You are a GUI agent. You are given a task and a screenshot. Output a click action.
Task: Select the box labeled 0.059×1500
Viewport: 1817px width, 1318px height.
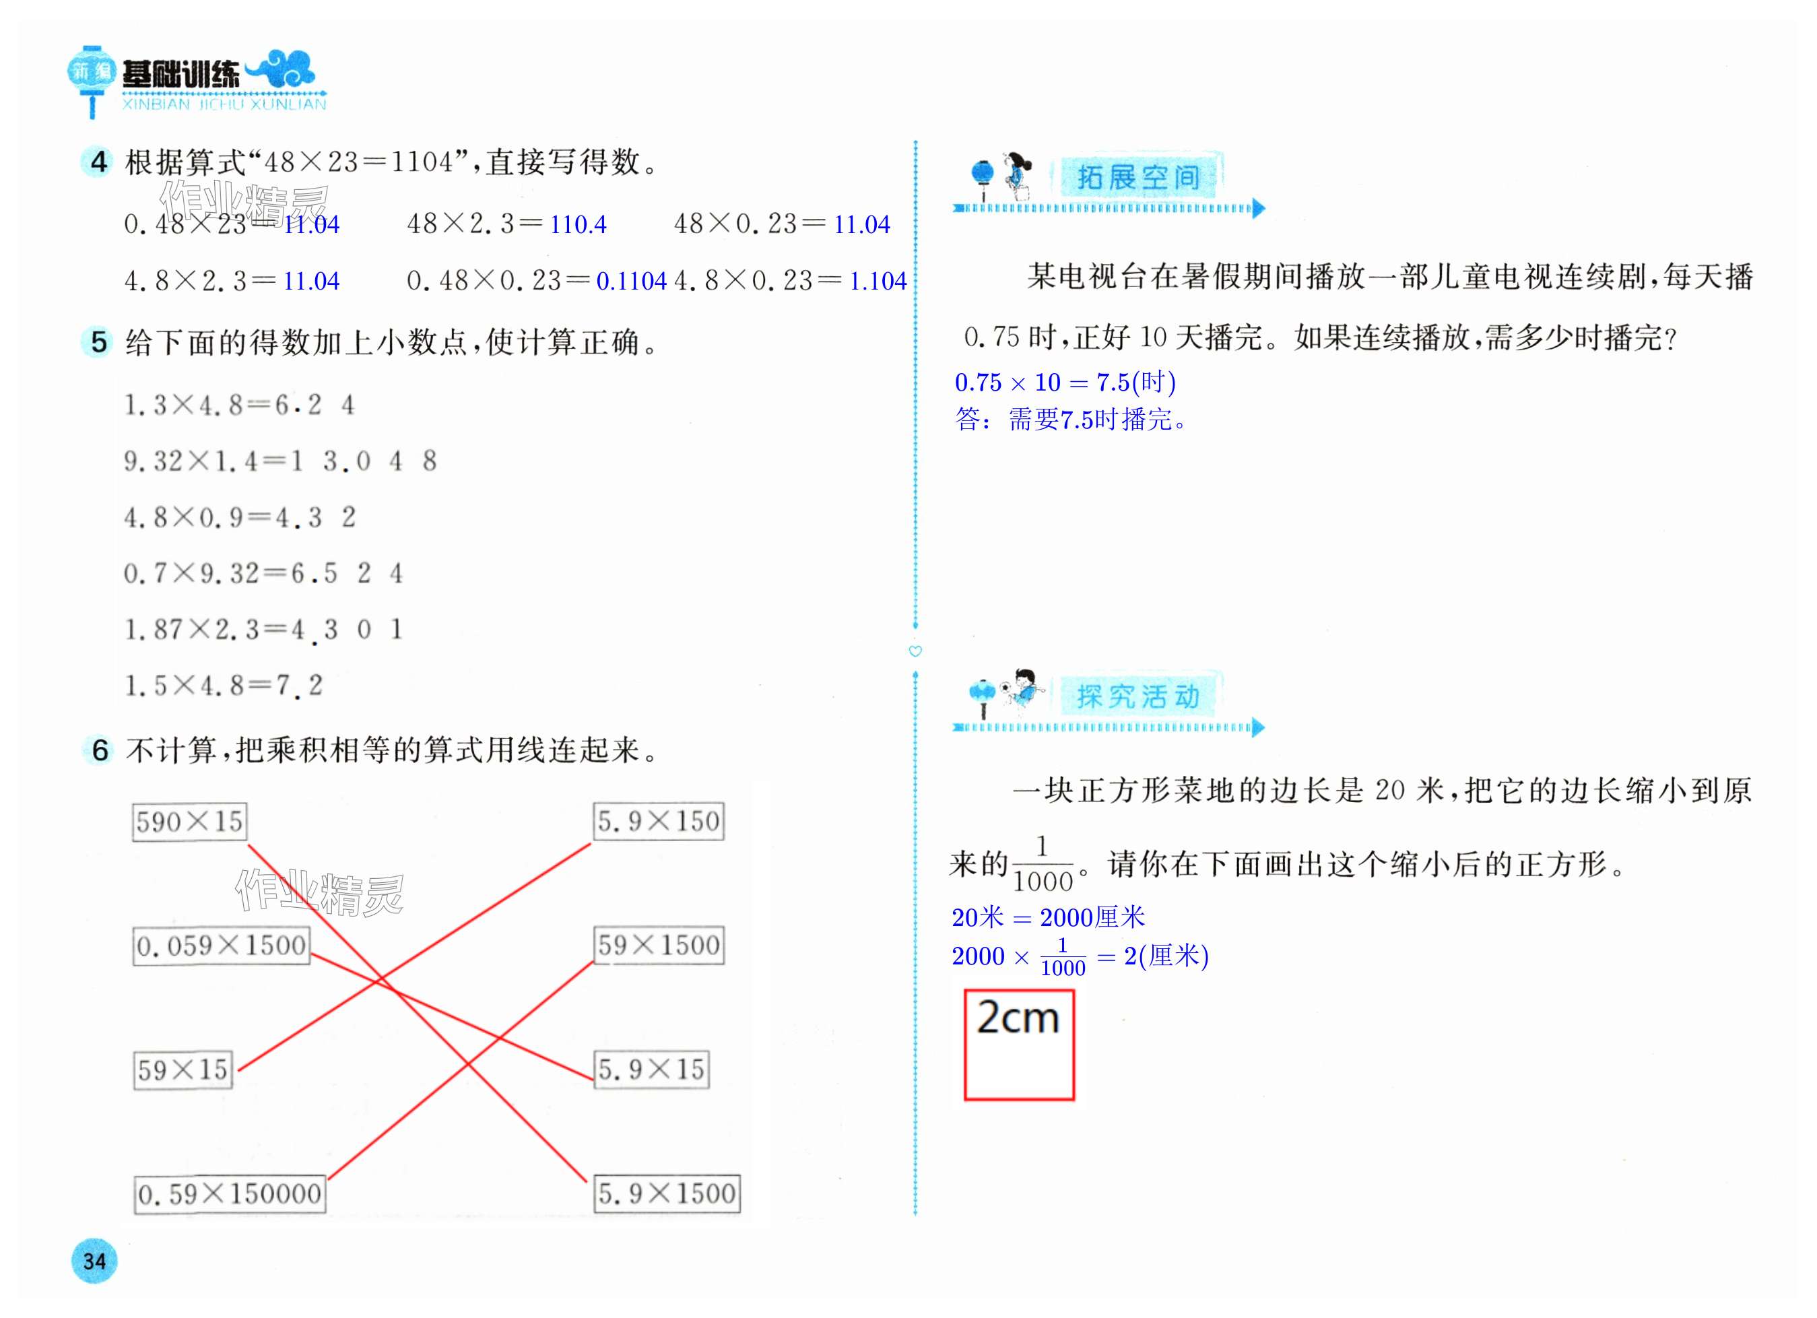pos(221,946)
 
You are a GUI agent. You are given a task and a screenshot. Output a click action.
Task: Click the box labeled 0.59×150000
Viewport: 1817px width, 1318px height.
pos(230,1195)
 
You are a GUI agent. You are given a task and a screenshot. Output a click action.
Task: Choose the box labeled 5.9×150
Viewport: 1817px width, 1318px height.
pos(659,821)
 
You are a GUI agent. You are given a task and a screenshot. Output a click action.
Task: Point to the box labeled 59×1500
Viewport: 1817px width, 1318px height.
pos(659,946)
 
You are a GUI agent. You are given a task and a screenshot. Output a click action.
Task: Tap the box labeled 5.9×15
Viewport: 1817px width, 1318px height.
pos(651,1069)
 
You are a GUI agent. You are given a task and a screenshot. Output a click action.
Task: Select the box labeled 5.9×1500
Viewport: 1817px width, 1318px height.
pos(667,1194)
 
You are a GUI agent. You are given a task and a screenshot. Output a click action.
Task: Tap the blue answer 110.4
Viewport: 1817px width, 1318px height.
pos(578,225)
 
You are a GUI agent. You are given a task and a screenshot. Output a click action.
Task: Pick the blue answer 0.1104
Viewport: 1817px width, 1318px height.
pos(631,282)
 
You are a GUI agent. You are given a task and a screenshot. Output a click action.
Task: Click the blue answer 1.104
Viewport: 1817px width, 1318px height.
pos(878,282)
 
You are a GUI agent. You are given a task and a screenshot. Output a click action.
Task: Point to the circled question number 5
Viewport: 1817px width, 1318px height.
pos(98,342)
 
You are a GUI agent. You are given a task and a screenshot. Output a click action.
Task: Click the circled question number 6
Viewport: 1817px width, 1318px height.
pos(100,750)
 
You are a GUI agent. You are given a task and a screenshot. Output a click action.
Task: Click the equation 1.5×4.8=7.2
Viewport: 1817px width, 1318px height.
pos(224,686)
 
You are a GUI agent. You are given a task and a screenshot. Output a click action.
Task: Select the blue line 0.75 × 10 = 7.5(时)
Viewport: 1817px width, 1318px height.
pos(1065,383)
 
